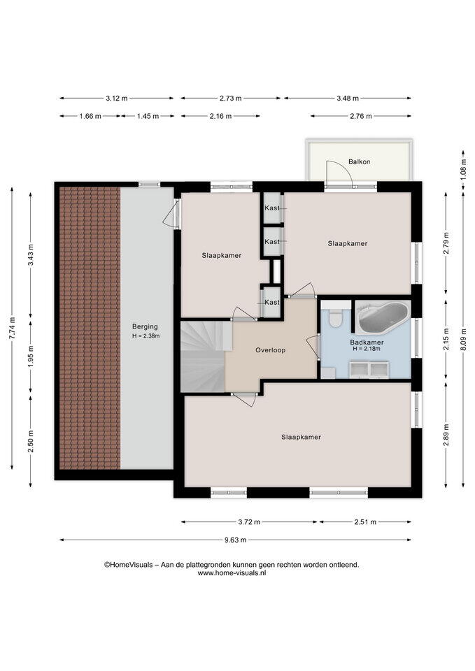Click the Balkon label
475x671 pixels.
pyautogui.click(x=359, y=161)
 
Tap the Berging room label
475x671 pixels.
pyautogui.click(x=145, y=326)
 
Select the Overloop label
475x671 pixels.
pyautogui.click(x=270, y=350)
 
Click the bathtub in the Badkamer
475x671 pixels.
pyautogui.click(x=383, y=317)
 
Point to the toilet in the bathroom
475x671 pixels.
pyautogui.click(x=334, y=317)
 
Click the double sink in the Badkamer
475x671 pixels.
pyautogui.click(x=369, y=369)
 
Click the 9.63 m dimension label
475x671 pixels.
pyautogui.click(x=236, y=540)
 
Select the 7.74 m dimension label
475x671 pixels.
pyautogui.click(x=12, y=329)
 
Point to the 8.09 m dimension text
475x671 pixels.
pyautogui.click(x=463, y=339)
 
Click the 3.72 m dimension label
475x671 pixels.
pyautogui.click(x=249, y=522)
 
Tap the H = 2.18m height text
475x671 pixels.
pyautogui.click(x=367, y=349)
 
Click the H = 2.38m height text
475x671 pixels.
pyautogui.click(x=146, y=336)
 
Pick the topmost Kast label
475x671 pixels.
pyautogui.click(x=272, y=208)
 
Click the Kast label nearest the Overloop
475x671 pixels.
pyautogui.click(x=272, y=302)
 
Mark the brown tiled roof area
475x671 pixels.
pyautogui.click(x=90, y=328)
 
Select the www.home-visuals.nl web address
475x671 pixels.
pyautogui.click(x=232, y=573)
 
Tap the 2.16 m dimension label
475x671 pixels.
pyautogui.click(x=220, y=116)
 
